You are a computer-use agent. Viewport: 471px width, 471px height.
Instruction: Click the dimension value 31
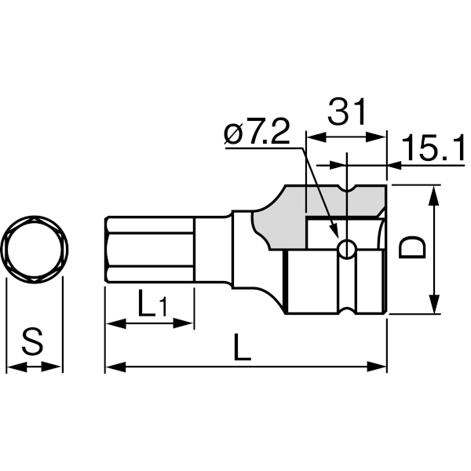[x=347, y=111]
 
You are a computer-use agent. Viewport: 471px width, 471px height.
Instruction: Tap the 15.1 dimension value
[x=433, y=148]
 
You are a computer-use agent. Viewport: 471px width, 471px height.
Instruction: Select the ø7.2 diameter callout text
[x=257, y=131]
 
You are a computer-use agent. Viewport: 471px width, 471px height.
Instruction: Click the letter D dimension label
[x=412, y=247]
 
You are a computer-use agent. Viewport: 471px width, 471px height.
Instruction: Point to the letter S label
[x=32, y=341]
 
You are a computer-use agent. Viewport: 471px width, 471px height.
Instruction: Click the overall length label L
[x=242, y=346]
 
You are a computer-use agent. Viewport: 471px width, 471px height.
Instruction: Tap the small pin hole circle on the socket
[x=347, y=250]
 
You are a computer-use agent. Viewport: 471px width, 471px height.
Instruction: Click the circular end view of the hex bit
[x=35, y=250]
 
